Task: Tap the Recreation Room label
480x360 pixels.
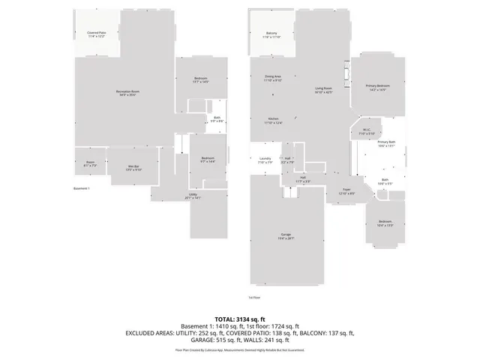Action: pos(128,93)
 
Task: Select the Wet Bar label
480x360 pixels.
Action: pos(134,168)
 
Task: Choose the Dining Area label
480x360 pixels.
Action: pos(272,77)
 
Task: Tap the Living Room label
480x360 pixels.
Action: pos(323,89)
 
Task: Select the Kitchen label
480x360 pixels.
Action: pos(273,121)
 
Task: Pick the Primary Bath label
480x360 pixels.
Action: pos(386,143)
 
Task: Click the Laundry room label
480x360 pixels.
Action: pos(265,160)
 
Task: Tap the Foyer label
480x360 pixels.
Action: pos(346,190)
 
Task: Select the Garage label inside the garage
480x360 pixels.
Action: pos(286,236)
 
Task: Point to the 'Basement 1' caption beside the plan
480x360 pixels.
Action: pos(81,188)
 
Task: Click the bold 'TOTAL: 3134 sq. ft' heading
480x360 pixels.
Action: pos(239,319)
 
